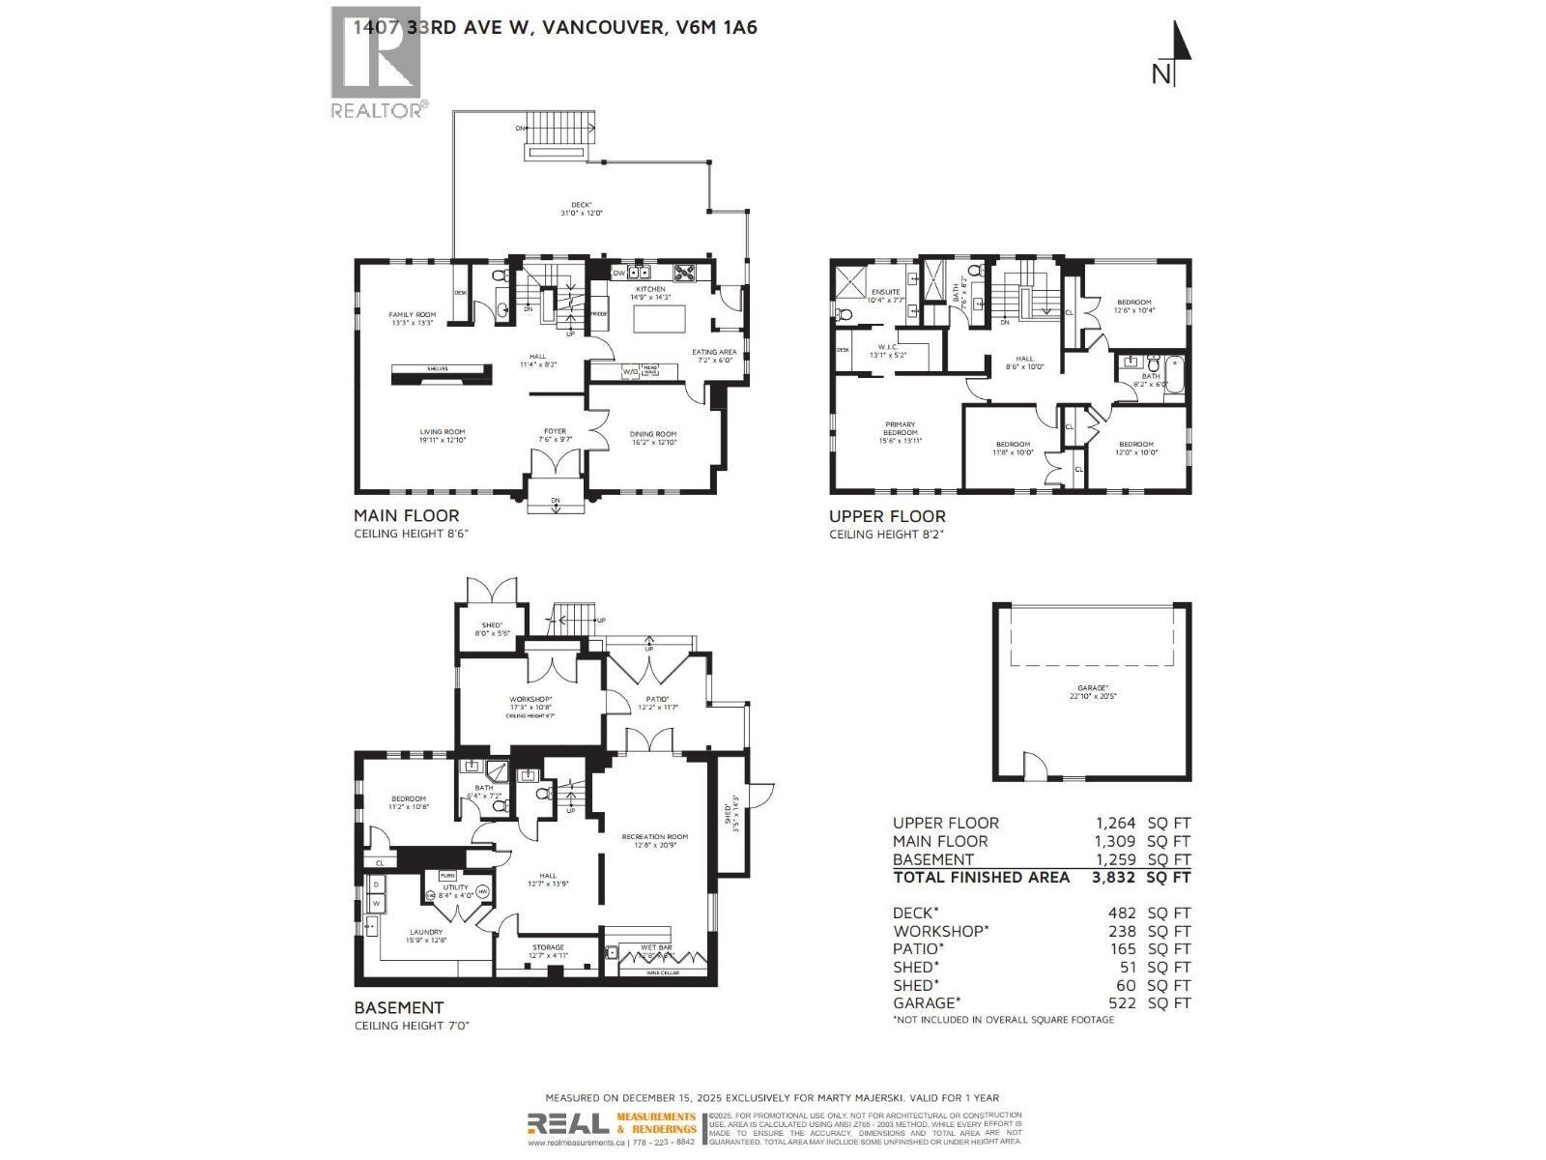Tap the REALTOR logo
click(x=378, y=62)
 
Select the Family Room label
click(x=413, y=315)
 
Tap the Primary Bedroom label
click(x=900, y=428)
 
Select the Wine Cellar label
click(x=663, y=972)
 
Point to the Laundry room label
click(x=425, y=932)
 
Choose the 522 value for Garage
click(x=1123, y=1002)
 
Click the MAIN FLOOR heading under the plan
click(x=406, y=515)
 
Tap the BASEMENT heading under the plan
click(x=399, y=1007)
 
